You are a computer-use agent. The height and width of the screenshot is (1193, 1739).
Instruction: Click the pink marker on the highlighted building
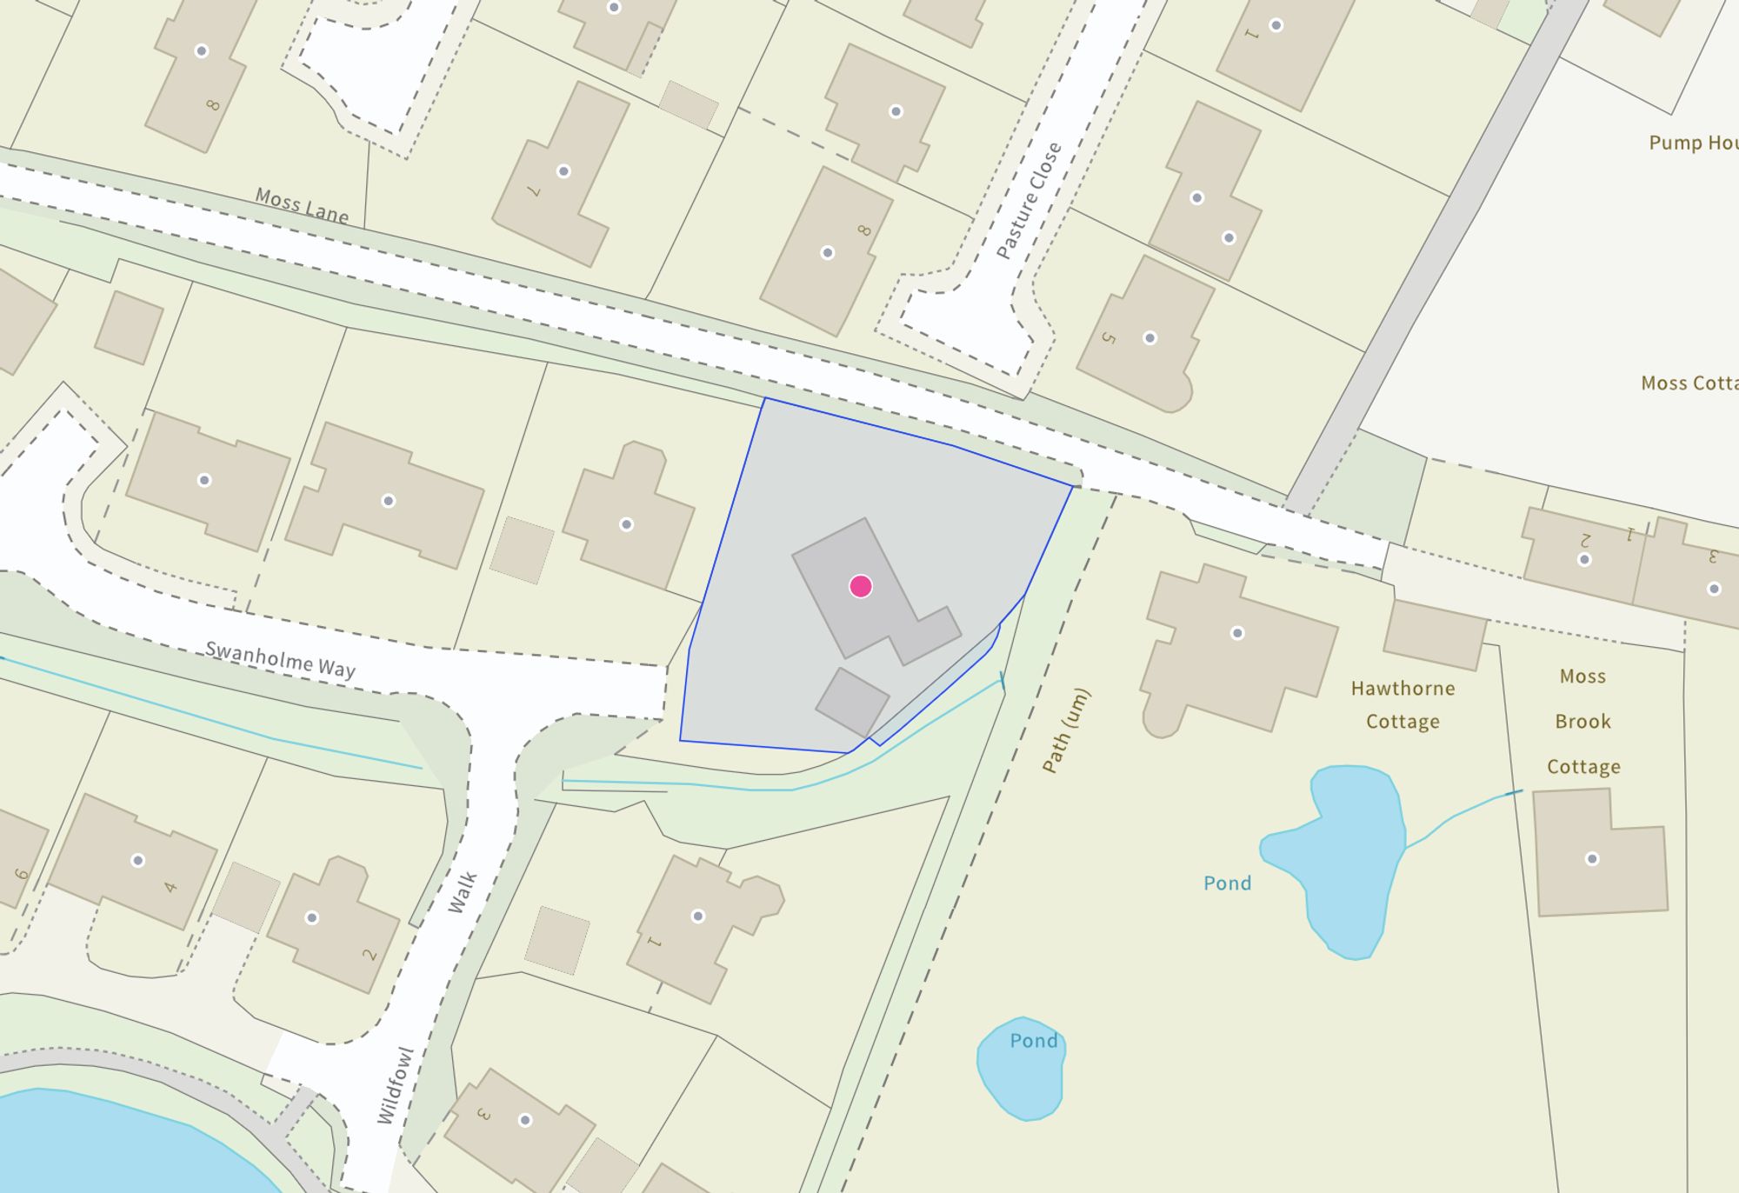click(861, 586)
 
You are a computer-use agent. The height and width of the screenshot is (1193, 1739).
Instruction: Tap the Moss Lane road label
click(302, 205)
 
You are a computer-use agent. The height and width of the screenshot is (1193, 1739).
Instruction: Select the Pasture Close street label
click(1029, 201)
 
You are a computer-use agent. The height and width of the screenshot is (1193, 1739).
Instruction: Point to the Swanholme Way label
click(280, 659)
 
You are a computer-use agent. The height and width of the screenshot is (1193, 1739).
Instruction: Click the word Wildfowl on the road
click(396, 1085)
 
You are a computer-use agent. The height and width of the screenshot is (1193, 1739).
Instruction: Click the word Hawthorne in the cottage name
click(1403, 689)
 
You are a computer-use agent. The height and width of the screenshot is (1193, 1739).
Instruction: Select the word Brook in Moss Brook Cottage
click(1582, 722)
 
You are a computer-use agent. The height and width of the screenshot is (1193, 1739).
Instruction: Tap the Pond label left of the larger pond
click(1227, 883)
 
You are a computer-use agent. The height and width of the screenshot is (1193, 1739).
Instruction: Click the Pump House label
click(1691, 143)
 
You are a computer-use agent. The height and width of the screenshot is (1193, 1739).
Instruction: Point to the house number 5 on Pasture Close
click(1108, 337)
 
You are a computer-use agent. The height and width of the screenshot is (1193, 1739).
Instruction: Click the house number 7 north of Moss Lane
click(534, 191)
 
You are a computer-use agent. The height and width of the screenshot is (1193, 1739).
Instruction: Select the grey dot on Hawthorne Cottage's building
click(1237, 633)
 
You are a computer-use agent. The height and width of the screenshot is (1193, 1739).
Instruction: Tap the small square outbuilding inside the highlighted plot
click(852, 701)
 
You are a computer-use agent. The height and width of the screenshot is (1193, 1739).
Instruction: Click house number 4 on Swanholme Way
click(170, 887)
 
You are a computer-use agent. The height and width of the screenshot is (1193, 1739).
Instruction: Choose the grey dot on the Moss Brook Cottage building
click(1592, 859)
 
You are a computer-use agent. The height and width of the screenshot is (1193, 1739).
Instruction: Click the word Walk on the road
click(463, 892)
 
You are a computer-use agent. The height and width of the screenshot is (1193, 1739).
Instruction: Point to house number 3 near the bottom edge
click(484, 1114)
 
